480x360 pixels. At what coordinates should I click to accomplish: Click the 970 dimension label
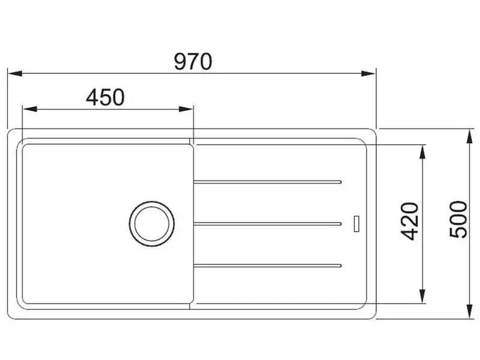click(x=193, y=62)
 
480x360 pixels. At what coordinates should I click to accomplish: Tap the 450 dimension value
click(x=106, y=97)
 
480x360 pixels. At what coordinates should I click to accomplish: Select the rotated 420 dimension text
click(x=410, y=221)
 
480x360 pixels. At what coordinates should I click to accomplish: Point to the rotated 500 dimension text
click(x=458, y=219)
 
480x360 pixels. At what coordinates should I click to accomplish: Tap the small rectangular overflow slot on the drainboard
click(x=356, y=224)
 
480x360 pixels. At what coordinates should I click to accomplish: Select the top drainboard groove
click(x=267, y=182)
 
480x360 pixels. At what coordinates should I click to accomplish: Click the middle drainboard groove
click(x=267, y=224)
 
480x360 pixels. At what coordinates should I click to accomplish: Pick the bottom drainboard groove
click(x=267, y=265)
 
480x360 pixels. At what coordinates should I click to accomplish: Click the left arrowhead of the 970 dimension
click(x=15, y=73)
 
